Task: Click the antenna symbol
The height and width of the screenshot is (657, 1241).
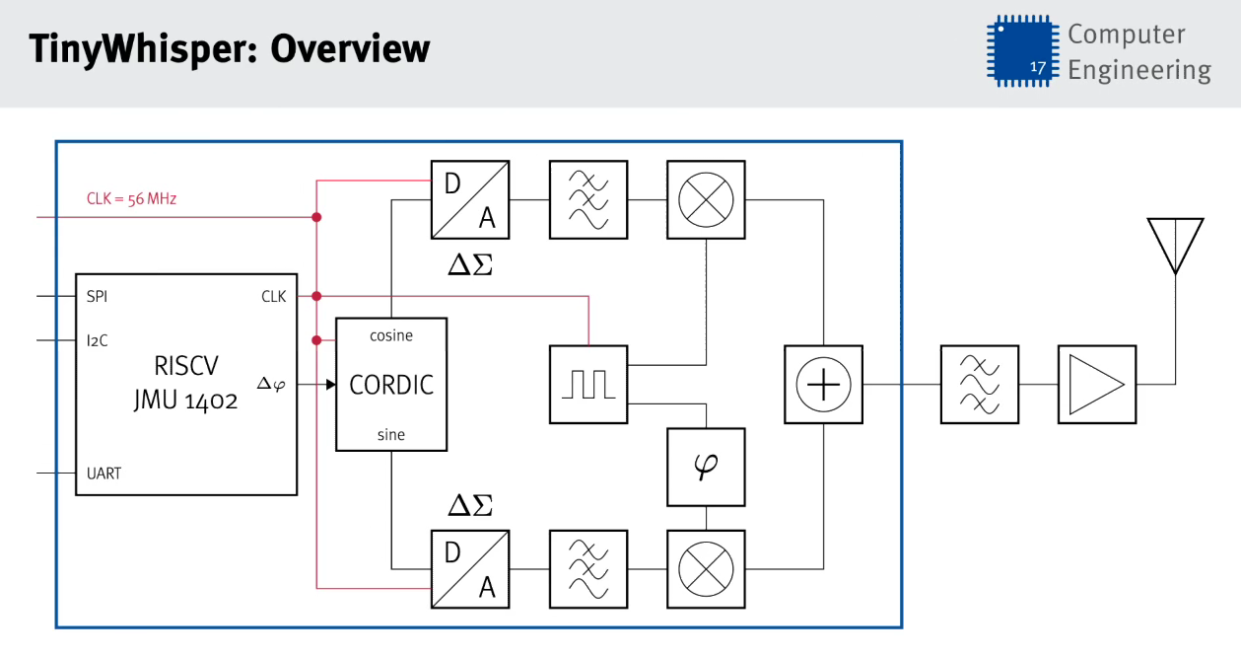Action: [1175, 245]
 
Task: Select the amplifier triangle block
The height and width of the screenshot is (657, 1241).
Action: [1096, 384]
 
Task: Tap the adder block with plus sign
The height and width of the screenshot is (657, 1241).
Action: [823, 384]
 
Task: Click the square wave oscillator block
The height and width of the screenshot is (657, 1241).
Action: [587, 384]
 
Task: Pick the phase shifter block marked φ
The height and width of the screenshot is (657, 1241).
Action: [706, 466]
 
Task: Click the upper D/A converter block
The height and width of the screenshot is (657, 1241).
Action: [470, 199]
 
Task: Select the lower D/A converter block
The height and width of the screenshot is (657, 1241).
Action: [470, 568]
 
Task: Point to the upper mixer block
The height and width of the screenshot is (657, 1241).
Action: [706, 199]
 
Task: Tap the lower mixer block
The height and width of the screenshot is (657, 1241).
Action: [706, 568]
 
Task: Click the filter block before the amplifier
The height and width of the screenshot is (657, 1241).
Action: [979, 384]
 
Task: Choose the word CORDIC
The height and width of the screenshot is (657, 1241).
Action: [391, 385]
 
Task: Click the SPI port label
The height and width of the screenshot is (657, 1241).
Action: [97, 296]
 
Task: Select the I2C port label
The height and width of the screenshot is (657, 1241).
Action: [97, 341]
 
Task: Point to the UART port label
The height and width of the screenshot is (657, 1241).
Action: [103, 474]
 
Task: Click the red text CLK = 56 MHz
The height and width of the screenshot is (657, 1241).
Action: [131, 199]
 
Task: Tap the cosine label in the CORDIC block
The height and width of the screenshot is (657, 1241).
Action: [391, 335]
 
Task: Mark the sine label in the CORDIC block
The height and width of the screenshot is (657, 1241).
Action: [391, 435]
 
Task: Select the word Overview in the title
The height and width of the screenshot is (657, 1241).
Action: [350, 48]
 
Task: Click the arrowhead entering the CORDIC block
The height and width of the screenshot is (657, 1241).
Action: [330, 384]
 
